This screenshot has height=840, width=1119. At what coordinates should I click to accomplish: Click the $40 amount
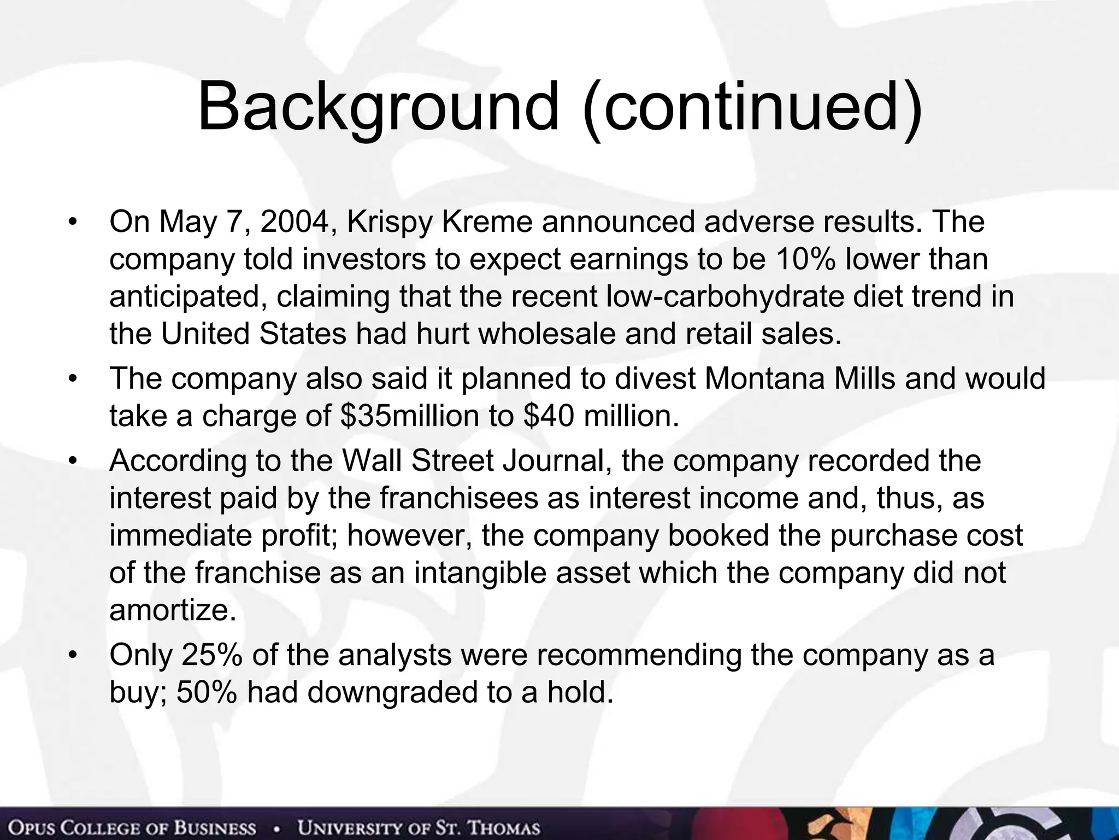click(x=549, y=416)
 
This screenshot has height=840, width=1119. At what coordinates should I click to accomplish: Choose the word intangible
click(x=480, y=573)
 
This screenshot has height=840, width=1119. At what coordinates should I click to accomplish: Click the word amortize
click(x=173, y=610)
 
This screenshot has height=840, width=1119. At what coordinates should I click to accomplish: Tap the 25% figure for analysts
click(x=212, y=655)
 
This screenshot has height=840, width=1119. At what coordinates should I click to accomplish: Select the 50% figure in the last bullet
click(x=207, y=692)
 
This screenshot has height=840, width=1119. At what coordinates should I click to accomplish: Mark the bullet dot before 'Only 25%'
click(x=71, y=655)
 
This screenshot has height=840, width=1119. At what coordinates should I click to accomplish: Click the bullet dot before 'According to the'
click(x=71, y=461)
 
